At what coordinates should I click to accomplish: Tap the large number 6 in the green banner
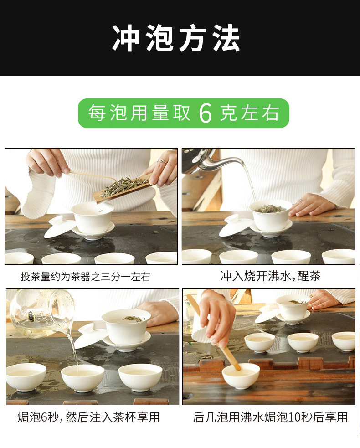point(206,113)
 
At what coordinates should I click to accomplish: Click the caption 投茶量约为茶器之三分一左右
point(85,277)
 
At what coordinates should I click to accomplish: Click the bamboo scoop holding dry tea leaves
point(122,187)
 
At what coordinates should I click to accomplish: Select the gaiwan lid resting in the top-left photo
point(60,227)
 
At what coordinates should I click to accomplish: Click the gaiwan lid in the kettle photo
point(235,227)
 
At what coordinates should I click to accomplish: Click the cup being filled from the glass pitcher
point(82,377)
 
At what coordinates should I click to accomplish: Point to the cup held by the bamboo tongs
point(241,375)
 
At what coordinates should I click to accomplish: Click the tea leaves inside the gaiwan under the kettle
point(269,209)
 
